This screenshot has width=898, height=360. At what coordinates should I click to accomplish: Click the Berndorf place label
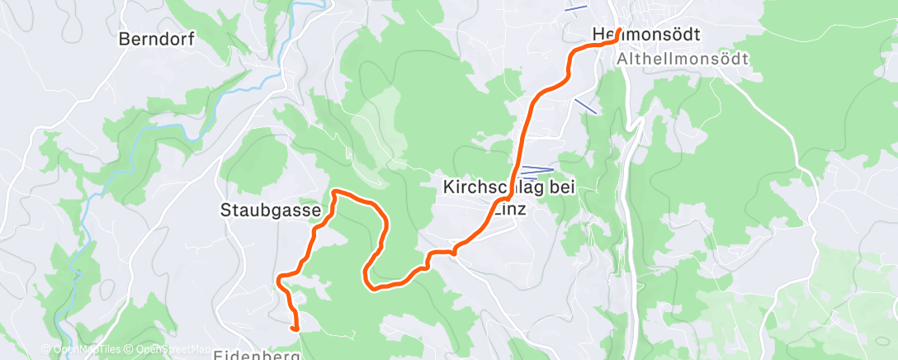[149, 39]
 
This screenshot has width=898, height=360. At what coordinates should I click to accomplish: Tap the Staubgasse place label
[271, 211]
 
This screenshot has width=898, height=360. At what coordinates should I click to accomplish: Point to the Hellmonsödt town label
[646, 35]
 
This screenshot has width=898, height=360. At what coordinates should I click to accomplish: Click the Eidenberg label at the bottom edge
[256, 355]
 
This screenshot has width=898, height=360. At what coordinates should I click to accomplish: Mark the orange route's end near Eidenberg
[295, 329]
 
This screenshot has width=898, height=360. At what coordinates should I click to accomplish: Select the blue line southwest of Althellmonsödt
[585, 106]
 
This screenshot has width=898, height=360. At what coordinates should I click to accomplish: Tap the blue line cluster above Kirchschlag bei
[536, 171]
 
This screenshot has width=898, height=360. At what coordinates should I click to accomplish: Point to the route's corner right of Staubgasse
[334, 192]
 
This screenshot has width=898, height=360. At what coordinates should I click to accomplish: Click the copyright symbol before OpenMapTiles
[46, 349]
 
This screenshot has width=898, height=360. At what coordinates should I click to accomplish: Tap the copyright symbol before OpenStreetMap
[130, 349]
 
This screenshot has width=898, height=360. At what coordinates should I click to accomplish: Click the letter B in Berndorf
[125, 39]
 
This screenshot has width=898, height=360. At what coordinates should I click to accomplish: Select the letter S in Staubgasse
[225, 211]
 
